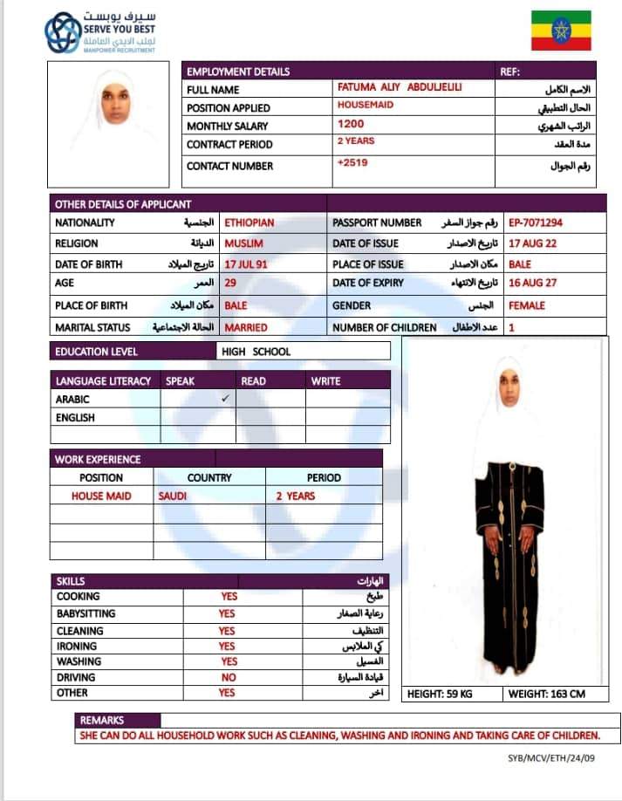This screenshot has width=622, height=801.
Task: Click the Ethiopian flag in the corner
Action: pyautogui.click(x=561, y=31)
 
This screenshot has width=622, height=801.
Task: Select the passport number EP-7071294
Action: pyautogui.click(x=535, y=222)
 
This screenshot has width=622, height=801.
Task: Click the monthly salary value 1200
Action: pyautogui.click(x=352, y=125)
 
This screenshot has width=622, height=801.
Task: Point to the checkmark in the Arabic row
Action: pyautogui.click(x=225, y=398)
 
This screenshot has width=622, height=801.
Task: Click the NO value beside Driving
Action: pyautogui.click(x=228, y=677)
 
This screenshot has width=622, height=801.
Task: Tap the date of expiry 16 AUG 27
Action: pyautogui.click(x=532, y=284)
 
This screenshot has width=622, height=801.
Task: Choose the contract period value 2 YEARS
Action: pyautogui.click(x=356, y=141)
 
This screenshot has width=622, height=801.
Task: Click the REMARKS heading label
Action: pyautogui.click(x=103, y=721)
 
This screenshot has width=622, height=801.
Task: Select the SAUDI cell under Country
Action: pyautogui.click(x=173, y=496)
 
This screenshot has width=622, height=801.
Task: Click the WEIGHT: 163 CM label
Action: pyautogui.click(x=547, y=695)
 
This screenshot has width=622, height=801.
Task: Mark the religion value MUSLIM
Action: pyautogui.click(x=244, y=243)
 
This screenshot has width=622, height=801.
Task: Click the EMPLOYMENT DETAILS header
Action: pyautogui.click(x=238, y=72)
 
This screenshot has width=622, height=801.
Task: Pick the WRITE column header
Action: pyautogui.click(x=326, y=381)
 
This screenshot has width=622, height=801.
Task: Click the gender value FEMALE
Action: pyautogui.click(x=527, y=305)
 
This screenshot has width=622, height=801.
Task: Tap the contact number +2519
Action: pyautogui.click(x=353, y=163)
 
